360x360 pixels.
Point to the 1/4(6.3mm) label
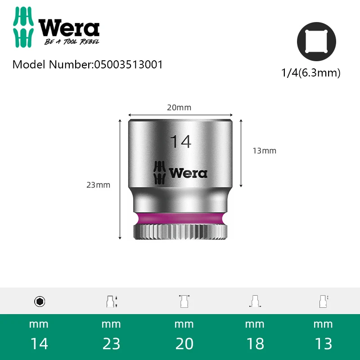pos(310,73)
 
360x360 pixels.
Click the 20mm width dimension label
pos(179,108)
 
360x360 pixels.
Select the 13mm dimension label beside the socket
pos(264,151)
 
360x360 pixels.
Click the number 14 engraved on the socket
pos(180,141)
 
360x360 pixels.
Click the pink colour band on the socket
pos(180,218)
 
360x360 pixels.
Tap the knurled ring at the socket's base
pos(180,232)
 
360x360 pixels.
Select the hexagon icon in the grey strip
pos(40,301)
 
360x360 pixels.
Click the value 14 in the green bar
pos(39,344)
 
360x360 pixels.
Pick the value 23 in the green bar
pos(111,344)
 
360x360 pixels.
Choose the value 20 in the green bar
pos(184,344)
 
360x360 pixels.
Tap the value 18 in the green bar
pos(255,344)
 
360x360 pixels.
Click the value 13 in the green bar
pos(323,344)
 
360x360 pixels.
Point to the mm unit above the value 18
pos(255,324)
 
